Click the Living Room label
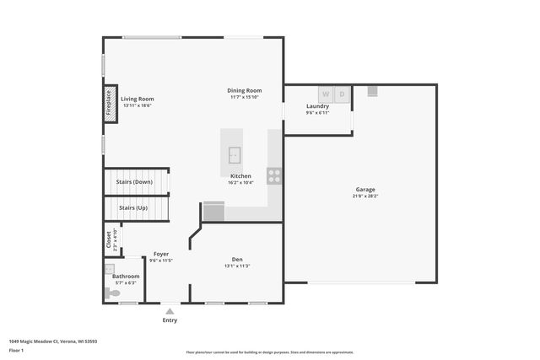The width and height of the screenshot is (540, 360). coord(137,99)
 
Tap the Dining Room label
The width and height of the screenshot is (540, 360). coord(245,91)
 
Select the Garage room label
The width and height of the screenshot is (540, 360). coord(364,190)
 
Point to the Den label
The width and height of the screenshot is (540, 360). coord(237,260)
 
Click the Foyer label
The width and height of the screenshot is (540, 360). coord(160,254)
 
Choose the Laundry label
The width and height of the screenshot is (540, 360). coord(317,106)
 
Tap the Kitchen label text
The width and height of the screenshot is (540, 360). coord(240,176)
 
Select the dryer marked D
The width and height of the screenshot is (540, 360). coord(342,94)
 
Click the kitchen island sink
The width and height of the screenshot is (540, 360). coord(235,155)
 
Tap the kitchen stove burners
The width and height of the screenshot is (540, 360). coord(274,175)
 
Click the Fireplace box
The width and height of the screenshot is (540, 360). coord(109,103)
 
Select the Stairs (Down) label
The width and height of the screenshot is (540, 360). coord(135,182)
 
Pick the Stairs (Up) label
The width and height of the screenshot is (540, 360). coord(132,207)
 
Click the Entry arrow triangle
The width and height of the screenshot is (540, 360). coord(170,311)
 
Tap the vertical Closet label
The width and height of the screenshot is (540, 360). coord(109,240)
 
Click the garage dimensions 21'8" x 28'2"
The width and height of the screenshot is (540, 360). coord(364,196)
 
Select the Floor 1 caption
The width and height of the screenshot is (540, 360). coord(16,350)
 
